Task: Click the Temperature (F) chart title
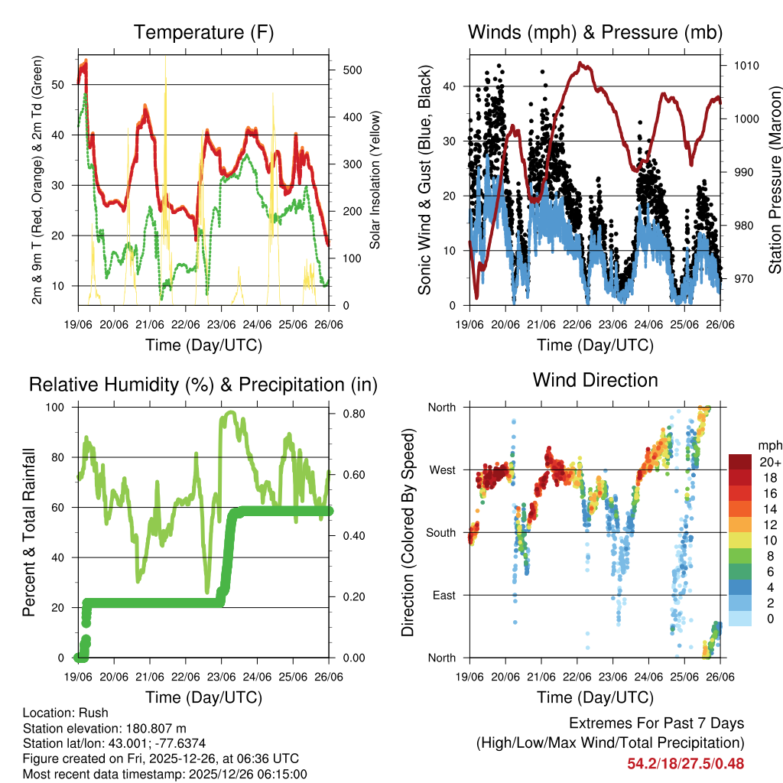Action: [203, 33]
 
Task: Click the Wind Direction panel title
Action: [595, 380]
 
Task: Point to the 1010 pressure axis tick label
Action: [745, 66]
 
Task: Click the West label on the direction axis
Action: [442, 470]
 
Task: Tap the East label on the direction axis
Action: [443, 595]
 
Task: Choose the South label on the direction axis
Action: [441, 533]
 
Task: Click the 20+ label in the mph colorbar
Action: [770, 462]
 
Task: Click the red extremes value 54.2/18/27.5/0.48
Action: [685, 763]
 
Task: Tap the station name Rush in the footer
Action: [94, 713]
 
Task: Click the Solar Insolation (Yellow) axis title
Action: [375, 180]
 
